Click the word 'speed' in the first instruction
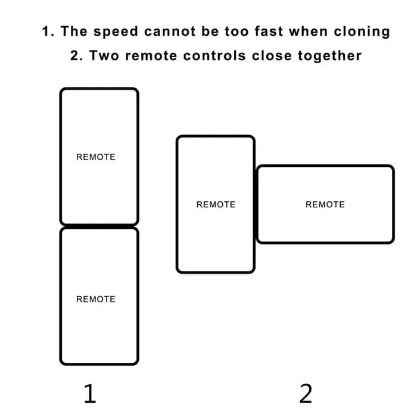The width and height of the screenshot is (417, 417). (x=116, y=32)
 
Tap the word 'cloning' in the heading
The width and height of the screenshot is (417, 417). (x=362, y=32)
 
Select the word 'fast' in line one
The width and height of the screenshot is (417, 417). (x=269, y=31)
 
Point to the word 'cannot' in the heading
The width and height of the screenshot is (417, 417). (x=170, y=32)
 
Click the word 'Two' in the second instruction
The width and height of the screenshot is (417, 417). (x=104, y=55)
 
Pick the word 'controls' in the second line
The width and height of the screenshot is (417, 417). (x=214, y=55)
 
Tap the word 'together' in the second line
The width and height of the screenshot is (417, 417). (x=329, y=56)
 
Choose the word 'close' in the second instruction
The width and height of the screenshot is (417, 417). (x=272, y=55)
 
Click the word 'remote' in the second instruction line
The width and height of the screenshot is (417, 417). (x=151, y=56)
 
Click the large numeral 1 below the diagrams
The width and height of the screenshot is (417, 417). (x=90, y=393)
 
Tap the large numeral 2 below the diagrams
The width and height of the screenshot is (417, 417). (x=306, y=393)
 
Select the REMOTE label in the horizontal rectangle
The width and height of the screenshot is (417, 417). (x=325, y=204)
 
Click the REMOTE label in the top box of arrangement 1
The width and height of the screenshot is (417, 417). (x=96, y=157)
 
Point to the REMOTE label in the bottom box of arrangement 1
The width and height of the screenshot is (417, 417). (x=96, y=299)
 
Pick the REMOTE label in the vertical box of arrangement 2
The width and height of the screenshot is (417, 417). (x=216, y=204)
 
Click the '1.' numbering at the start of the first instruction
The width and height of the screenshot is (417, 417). (x=48, y=31)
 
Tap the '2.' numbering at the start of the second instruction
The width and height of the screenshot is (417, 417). (x=77, y=55)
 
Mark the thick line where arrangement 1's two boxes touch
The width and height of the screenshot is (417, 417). (x=99, y=226)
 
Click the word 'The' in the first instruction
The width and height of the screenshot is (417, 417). (x=74, y=31)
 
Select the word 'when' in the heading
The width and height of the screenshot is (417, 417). (x=309, y=31)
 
